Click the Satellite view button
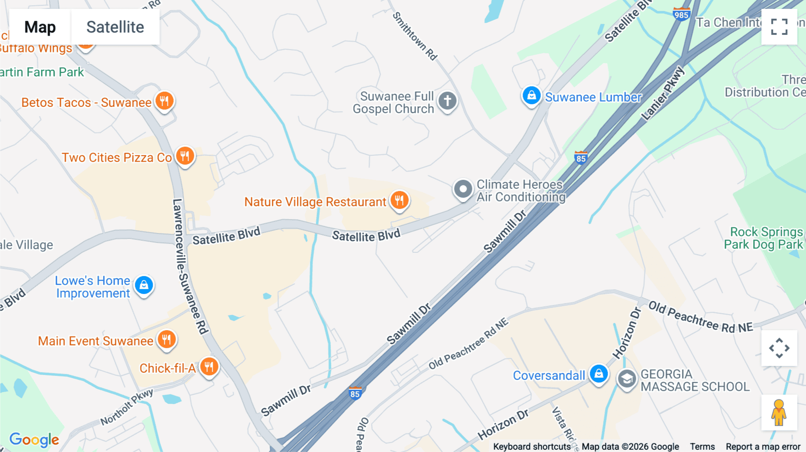click(115, 27)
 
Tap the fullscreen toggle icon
click(779, 27)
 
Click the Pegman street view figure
click(779, 413)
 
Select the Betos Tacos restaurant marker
click(164, 101)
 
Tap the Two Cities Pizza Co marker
click(185, 156)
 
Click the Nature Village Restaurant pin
click(399, 200)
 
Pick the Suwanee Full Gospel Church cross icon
click(447, 101)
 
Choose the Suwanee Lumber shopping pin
click(532, 96)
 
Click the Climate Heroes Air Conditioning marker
click(463, 190)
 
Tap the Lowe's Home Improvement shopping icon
click(144, 285)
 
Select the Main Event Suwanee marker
click(167, 340)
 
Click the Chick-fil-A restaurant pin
click(209, 367)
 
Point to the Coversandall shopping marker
click(599, 374)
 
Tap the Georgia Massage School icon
click(627, 380)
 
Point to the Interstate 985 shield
click(681, 14)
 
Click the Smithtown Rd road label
click(415, 36)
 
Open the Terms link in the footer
click(702, 447)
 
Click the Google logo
click(34, 439)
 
